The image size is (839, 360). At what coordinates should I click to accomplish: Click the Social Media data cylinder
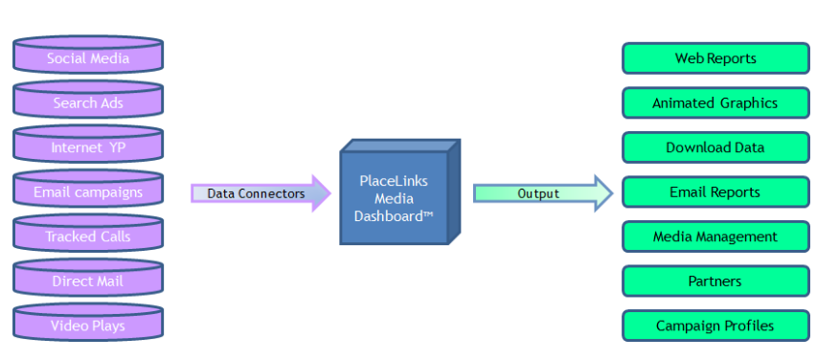[88, 55]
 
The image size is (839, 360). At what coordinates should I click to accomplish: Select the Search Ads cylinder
[88, 99]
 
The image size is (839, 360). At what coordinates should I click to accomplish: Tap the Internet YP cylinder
[88, 144]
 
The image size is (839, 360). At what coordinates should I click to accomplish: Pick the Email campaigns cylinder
[88, 189]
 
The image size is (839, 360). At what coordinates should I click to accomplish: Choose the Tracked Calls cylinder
[88, 234]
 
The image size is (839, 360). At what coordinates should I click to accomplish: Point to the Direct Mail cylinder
[88, 278]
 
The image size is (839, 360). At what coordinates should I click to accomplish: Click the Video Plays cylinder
[88, 322]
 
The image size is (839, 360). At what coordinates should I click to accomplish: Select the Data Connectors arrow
[261, 193]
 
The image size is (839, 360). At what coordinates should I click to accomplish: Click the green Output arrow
[543, 193]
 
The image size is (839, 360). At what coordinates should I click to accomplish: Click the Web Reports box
[715, 58]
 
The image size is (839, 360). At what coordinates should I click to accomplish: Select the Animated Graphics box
[715, 102]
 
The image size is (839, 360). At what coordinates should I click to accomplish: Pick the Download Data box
[715, 147]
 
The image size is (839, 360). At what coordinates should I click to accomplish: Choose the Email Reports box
[715, 192]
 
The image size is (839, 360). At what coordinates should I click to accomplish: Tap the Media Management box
[715, 236]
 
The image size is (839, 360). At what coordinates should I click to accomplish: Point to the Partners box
[715, 281]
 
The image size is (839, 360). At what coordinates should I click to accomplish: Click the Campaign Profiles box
[715, 326]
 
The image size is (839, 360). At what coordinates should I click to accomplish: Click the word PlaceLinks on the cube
[394, 181]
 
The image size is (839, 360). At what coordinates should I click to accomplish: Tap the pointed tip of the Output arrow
[613, 193]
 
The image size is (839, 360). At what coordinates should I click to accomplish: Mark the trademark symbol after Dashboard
[428, 214]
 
